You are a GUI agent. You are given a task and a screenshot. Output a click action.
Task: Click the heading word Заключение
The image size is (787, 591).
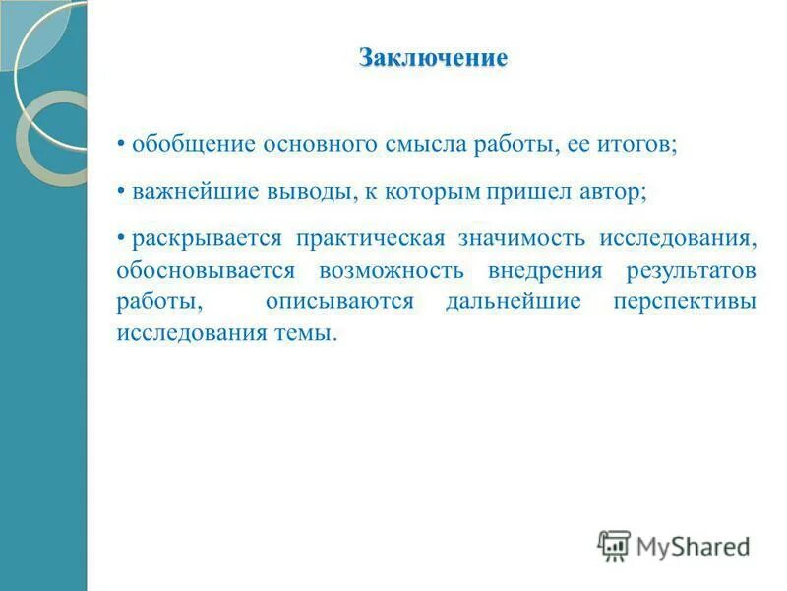pyautogui.click(x=433, y=59)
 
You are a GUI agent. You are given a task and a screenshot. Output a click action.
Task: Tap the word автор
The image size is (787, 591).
pyautogui.click(x=588, y=191)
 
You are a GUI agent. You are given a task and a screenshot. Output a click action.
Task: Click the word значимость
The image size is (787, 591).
pyautogui.click(x=514, y=239)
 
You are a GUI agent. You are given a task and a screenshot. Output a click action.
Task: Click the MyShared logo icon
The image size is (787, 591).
pyautogui.click(x=614, y=545)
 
